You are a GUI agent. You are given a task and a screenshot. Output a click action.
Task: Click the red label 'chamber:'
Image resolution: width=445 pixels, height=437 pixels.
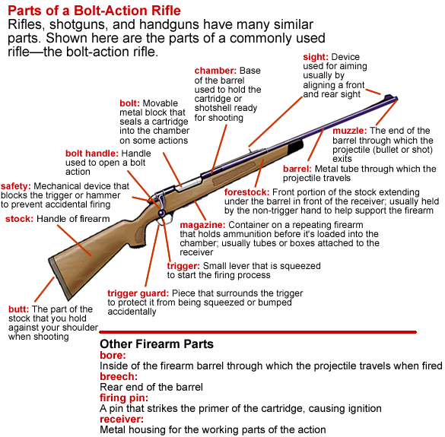[x=215, y=71]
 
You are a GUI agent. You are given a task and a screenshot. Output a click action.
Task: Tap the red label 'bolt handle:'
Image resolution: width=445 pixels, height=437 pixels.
[x=92, y=154]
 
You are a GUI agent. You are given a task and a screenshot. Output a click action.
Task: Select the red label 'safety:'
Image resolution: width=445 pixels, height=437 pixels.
[x=16, y=186]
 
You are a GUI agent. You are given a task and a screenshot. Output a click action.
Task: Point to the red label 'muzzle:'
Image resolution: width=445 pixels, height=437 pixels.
[x=350, y=131]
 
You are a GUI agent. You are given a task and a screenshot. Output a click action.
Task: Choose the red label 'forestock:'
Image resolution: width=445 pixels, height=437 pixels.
[x=247, y=192]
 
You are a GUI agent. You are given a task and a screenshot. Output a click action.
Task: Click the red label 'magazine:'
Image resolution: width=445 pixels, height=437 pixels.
[x=202, y=225]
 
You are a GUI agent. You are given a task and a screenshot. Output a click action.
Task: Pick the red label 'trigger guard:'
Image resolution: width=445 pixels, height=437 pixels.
[x=138, y=293]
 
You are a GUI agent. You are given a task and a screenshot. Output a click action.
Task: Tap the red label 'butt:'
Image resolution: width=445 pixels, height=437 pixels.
[x=19, y=309]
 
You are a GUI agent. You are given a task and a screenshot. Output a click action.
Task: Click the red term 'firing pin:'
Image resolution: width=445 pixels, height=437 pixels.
[x=124, y=398]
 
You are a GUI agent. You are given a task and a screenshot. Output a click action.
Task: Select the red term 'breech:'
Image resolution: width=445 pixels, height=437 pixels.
[x=119, y=377]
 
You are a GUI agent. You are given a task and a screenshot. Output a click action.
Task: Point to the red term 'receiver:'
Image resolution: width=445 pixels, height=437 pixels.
[x=122, y=419]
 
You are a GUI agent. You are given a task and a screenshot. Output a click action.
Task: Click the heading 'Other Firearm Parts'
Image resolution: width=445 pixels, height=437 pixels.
[x=157, y=344]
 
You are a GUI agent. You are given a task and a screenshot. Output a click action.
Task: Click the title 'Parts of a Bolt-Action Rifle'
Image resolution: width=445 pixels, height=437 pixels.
[x=94, y=11]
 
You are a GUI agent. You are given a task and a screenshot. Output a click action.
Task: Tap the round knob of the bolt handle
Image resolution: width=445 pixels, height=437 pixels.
[x=161, y=213]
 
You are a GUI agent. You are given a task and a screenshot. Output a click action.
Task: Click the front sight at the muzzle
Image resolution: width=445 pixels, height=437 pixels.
[x=389, y=97]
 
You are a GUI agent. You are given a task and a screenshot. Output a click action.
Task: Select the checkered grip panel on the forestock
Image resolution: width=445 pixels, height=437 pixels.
[x=235, y=173]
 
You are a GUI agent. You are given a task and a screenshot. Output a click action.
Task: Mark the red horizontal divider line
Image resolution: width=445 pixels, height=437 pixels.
[x=258, y=332]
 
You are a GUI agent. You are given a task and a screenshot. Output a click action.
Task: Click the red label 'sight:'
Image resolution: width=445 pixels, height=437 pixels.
[x=316, y=57]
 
